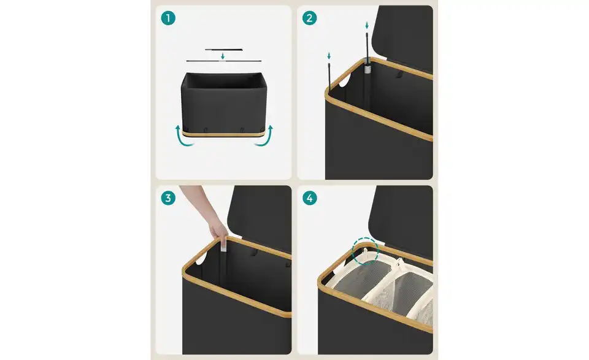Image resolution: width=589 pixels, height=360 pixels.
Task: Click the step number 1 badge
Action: tap(168, 18)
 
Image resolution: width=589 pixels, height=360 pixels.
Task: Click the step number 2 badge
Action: tap(309, 18)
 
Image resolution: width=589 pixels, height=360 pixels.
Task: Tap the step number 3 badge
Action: tap(168, 198)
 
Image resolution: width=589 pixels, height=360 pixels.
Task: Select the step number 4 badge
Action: tap(309, 198)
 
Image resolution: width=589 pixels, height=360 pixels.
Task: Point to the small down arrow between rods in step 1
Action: tap(223, 56)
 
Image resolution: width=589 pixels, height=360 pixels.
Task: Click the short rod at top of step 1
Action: tap(224, 50)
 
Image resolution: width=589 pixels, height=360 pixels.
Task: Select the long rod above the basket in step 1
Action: tap(224, 61)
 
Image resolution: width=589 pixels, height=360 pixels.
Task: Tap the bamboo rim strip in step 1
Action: tap(224, 133)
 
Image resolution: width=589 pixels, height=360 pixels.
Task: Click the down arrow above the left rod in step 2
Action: tap(329, 56)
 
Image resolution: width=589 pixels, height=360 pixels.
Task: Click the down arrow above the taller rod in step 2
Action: tap(367, 26)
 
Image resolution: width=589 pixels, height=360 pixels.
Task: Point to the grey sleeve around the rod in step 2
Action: tap(367, 68)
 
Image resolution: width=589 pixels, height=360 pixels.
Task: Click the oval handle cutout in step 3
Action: tap(201, 258)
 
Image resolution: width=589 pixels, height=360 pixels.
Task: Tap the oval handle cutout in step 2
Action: tap(344, 80)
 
